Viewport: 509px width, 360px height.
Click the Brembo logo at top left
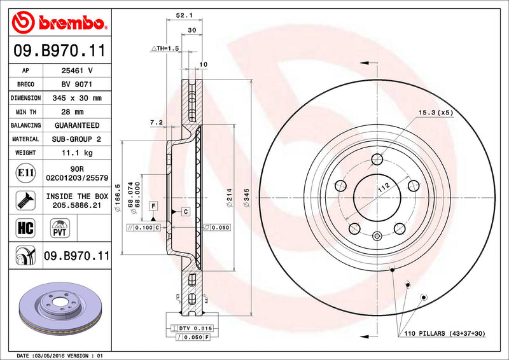click(x=58, y=23)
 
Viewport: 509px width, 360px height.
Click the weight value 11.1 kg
click(x=76, y=153)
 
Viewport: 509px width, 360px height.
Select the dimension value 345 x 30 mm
click(x=76, y=98)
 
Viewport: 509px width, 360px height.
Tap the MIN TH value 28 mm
click(x=76, y=112)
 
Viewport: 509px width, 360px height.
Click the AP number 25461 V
click(x=76, y=71)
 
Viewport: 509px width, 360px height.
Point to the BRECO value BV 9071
click(x=76, y=85)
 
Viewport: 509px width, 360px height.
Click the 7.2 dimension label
click(x=157, y=121)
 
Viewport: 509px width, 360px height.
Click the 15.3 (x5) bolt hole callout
click(x=435, y=113)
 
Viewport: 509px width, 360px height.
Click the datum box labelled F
click(x=153, y=205)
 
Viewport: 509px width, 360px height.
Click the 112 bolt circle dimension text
click(x=384, y=188)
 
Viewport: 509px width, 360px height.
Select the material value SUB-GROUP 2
click(x=76, y=139)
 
